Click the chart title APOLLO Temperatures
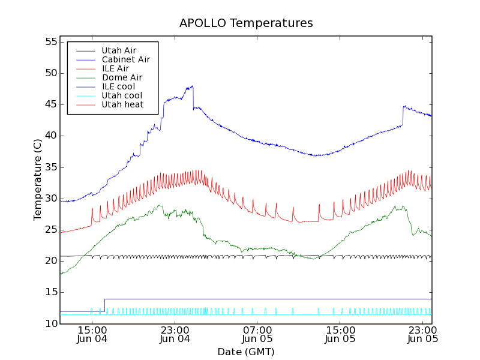click(x=246, y=23)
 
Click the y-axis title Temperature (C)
click(x=38, y=180)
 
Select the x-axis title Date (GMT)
click(x=245, y=352)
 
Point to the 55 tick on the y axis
click(x=50, y=42)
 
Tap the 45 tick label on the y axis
click(x=50, y=104)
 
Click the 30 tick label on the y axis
click(x=50, y=198)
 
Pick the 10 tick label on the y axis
click(x=50, y=323)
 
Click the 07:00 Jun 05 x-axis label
click(x=257, y=334)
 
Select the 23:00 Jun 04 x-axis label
click(x=175, y=334)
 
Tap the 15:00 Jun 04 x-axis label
click(x=92, y=334)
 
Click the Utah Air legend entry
click(x=119, y=50)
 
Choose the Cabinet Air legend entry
click(x=125, y=59)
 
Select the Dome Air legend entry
click(x=122, y=77)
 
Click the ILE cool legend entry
click(x=118, y=86)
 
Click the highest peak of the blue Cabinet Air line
click(x=193, y=86)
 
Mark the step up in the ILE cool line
click(x=104, y=305)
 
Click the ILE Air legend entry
click(x=115, y=68)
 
